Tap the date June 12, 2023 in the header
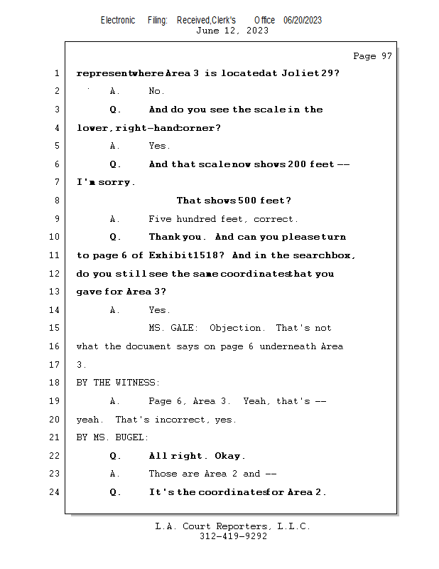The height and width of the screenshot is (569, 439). (232, 31)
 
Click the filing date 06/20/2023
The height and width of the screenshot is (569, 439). (303, 20)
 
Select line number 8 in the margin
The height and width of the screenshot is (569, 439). (56, 201)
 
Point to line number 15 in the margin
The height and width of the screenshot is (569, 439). (56, 328)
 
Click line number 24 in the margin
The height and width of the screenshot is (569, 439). (56, 492)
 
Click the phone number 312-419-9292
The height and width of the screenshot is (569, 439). (232, 536)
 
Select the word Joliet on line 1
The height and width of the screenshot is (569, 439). (298, 73)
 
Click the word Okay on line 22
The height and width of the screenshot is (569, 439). (229, 456)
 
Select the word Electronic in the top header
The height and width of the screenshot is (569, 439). (118, 20)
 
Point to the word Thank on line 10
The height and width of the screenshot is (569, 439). (166, 237)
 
